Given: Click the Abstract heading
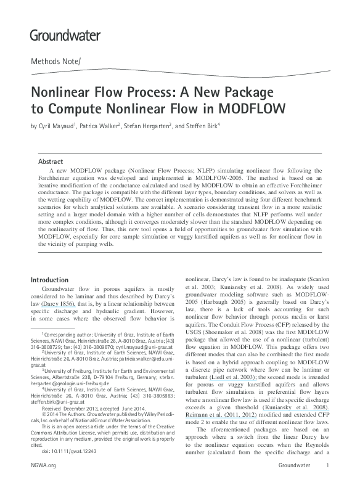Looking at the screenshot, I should click(x=50, y=161).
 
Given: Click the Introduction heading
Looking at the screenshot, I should click(x=52, y=280).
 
